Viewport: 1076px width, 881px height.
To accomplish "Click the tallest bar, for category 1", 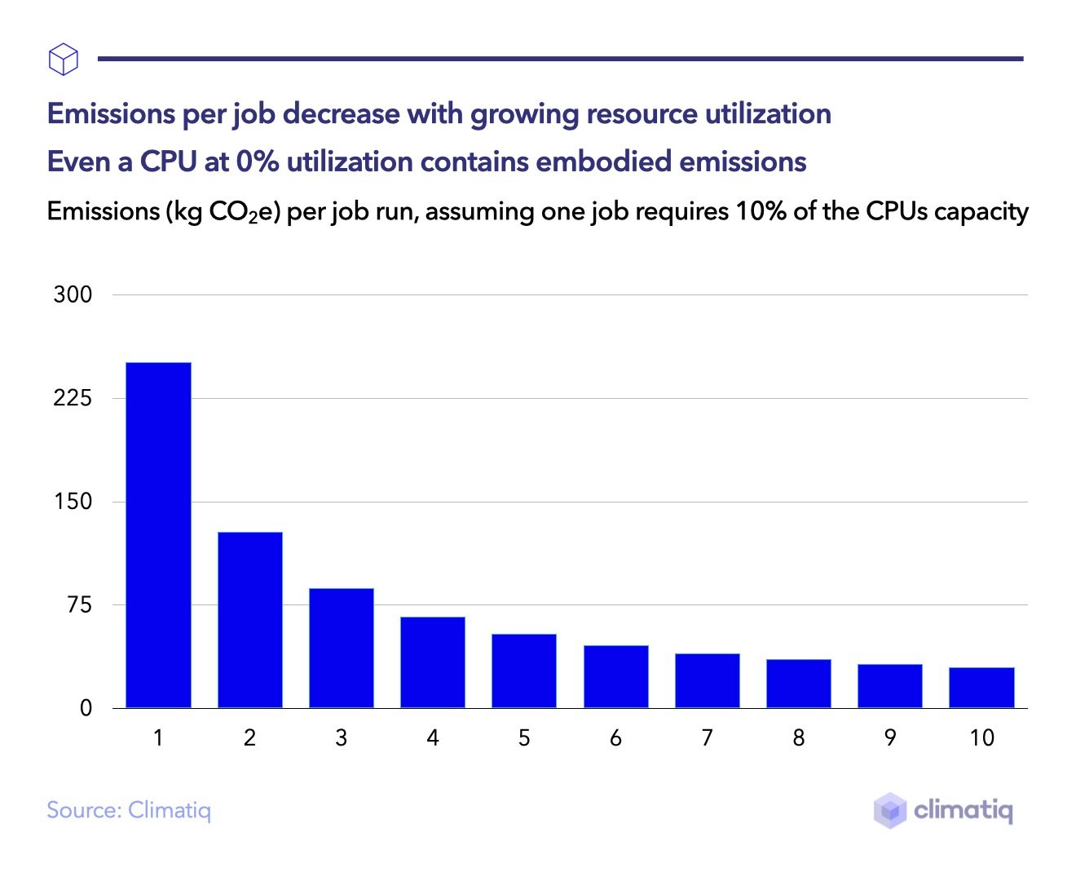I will click(x=158, y=534).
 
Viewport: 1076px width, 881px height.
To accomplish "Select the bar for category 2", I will click(x=249, y=620).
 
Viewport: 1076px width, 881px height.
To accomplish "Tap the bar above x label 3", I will click(x=341, y=648).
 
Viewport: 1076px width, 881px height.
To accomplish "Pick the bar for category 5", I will click(x=523, y=671).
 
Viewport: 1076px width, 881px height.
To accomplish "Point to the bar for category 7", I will click(x=707, y=680).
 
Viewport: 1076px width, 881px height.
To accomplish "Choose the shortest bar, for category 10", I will click(x=981, y=688).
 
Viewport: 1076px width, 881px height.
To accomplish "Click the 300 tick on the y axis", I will click(x=73, y=294).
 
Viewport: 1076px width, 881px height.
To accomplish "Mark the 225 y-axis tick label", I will click(x=73, y=398).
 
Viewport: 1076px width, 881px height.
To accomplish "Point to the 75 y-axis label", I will click(x=79, y=605).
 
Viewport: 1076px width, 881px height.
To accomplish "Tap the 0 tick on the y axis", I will click(x=86, y=708).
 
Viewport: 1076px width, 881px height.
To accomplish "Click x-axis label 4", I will click(x=432, y=738).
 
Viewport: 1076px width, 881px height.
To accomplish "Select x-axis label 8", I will click(x=798, y=738).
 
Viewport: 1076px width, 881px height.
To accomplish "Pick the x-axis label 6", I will click(x=615, y=738).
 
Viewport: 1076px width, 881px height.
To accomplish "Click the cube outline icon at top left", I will click(x=64, y=60).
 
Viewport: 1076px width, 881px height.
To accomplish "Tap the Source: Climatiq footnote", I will click(x=129, y=810).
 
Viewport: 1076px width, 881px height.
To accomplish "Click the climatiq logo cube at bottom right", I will click(x=890, y=810).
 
